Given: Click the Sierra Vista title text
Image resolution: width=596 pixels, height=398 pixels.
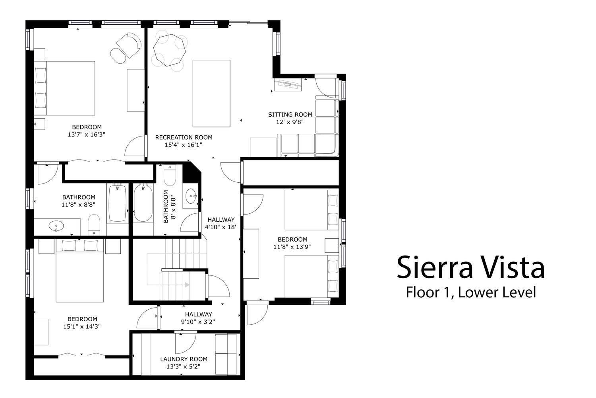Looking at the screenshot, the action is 470,267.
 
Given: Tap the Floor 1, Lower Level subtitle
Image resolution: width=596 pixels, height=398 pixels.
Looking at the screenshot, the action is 471,292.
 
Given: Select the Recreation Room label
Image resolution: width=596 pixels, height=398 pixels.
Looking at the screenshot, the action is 184,137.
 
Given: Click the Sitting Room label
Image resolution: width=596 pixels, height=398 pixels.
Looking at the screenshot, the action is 290,115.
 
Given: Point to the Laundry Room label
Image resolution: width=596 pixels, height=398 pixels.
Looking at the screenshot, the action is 184,359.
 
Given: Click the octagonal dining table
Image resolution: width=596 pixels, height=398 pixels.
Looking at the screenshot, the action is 169,50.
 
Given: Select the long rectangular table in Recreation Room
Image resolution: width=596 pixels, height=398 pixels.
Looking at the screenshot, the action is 211,93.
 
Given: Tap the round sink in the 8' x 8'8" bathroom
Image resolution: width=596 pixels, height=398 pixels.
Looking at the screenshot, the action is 191,196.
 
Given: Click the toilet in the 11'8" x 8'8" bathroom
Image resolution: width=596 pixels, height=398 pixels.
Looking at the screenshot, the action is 94,224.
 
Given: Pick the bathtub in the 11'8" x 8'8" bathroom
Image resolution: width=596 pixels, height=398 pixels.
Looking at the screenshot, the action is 117,203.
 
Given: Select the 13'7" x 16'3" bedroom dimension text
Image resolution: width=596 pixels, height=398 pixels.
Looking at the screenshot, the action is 87,135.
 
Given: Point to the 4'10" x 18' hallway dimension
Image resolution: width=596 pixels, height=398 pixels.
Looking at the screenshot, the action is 221,227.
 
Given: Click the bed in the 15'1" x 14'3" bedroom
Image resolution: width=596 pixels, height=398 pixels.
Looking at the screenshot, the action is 79,270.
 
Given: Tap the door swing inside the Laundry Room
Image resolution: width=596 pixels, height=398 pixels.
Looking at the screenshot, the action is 186,343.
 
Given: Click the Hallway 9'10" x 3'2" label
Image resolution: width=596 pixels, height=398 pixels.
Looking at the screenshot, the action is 198,318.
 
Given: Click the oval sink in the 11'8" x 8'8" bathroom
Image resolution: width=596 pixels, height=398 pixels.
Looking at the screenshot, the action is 56,226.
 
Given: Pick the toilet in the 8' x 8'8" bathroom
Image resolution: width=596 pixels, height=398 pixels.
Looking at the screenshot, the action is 170,175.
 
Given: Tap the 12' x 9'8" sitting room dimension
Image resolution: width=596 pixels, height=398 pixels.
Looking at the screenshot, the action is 290,122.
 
